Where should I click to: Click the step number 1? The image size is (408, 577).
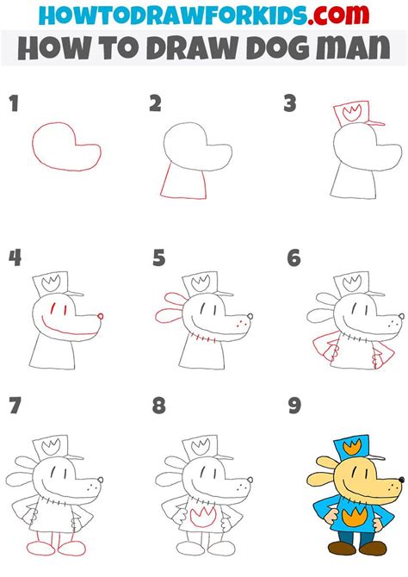(14, 103)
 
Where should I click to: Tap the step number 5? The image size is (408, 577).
(159, 257)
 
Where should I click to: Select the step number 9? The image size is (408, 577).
(294, 406)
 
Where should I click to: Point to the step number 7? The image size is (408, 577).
(15, 406)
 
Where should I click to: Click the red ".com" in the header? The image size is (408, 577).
(338, 15)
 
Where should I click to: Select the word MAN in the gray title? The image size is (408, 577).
(353, 48)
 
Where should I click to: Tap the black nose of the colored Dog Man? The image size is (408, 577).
(400, 480)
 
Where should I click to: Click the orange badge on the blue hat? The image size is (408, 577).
(352, 447)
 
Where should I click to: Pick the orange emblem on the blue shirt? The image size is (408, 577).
(354, 515)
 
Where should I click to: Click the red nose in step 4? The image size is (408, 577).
(101, 316)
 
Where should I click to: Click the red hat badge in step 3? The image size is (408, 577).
(350, 111)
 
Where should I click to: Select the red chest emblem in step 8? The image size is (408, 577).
(203, 516)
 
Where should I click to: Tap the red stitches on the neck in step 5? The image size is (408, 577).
(203, 338)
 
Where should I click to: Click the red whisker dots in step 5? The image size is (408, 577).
(241, 323)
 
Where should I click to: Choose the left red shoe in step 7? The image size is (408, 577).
(40, 547)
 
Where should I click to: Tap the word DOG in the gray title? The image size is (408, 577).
(278, 48)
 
